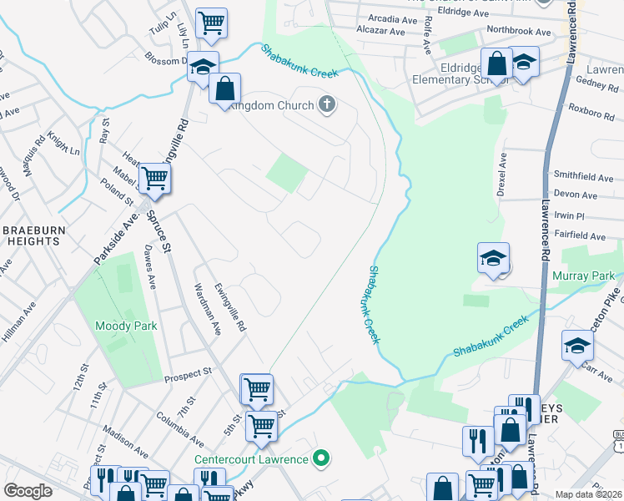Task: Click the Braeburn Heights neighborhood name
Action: coord(31,235)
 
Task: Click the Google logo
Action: coord(28,491)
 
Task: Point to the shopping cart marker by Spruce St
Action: coord(154,177)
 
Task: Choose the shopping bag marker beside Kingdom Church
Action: coord(224,89)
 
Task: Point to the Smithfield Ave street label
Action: coord(583,178)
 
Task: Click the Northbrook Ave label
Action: coord(520,32)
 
